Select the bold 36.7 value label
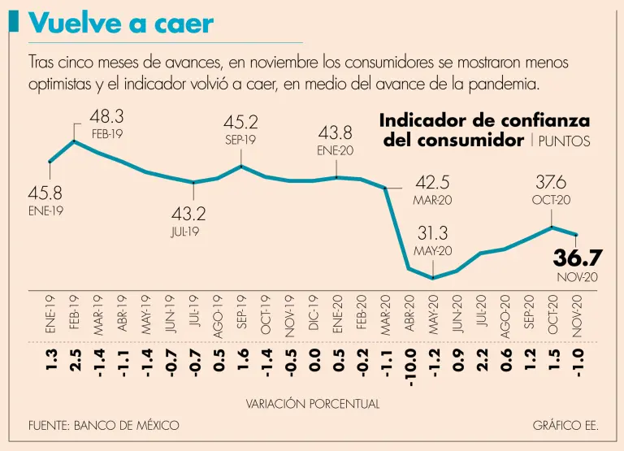[x=577, y=258]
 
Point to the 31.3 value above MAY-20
[x=433, y=233]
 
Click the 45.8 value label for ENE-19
[x=46, y=194]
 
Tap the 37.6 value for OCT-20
[x=552, y=182]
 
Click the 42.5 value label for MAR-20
[x=432, y=182]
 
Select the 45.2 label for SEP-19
[x=240, y=123]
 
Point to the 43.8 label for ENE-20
[x=335, y=132]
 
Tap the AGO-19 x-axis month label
[x=218, y=312]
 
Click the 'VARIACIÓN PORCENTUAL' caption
[x=312, y=403]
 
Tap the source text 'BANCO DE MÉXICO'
[x=126, y=426]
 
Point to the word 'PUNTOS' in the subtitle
[x=565, y=141]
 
